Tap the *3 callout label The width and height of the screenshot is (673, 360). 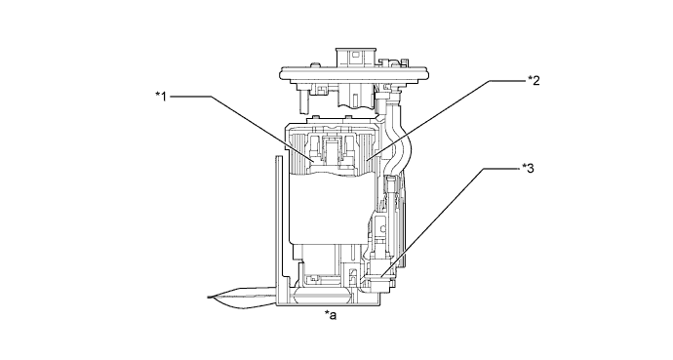tap(528, 167)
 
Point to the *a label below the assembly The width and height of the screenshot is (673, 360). tap(332, 315)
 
